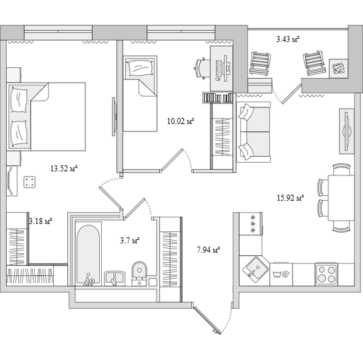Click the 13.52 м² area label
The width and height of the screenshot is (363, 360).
point(64,169)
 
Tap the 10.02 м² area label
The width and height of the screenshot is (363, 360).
point(181,121)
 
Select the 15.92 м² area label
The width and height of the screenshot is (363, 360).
point(290,197)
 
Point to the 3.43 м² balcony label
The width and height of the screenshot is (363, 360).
point(288,39)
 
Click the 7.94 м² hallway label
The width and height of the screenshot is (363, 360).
point(208,250)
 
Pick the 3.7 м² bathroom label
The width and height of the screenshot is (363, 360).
point(129,241)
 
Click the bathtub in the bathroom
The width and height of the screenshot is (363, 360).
point(89,254)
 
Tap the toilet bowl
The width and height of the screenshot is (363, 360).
point(139,273)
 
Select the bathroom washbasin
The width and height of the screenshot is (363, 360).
point(115,278)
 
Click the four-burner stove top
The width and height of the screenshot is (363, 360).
point(326,274)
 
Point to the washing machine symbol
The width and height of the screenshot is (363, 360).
point(281,274)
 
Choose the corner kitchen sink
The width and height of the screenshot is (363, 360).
point(255,269)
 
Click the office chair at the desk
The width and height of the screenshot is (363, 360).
point(200,69)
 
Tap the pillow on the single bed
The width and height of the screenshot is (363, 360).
point(140,68)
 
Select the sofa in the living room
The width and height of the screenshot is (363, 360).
point(254,132)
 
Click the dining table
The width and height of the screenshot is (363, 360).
point(341,198)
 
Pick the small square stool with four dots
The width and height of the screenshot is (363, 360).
point(29,182)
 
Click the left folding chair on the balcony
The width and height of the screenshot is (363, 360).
point(260,64)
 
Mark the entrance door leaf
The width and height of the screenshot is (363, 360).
point(207,321)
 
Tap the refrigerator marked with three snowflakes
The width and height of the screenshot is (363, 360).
point(250,223)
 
